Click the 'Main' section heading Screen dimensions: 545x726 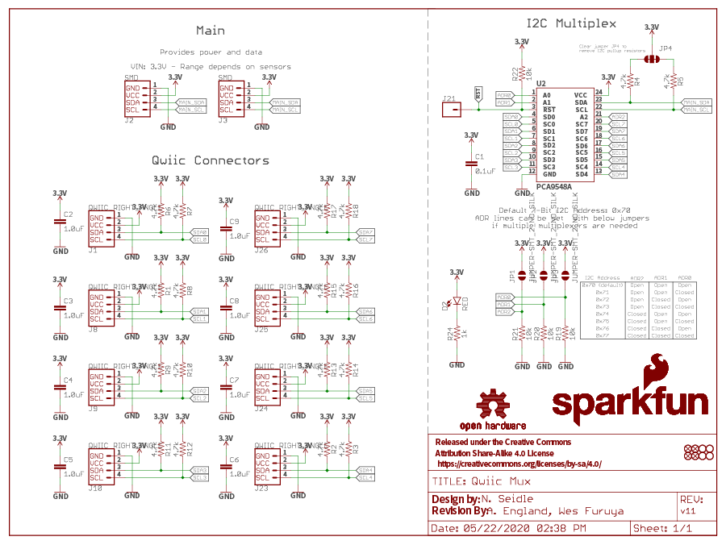pos(211,31)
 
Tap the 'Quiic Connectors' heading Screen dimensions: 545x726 pos(211,160)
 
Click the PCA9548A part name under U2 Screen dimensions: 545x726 pos(553,187)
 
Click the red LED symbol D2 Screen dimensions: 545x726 pos(457,303)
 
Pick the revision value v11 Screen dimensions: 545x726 pos(688,512)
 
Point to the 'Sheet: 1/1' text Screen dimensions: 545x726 pos(662,528)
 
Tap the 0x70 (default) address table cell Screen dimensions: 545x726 pos(600,285)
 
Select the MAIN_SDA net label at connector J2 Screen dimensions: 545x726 pos(192,102)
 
